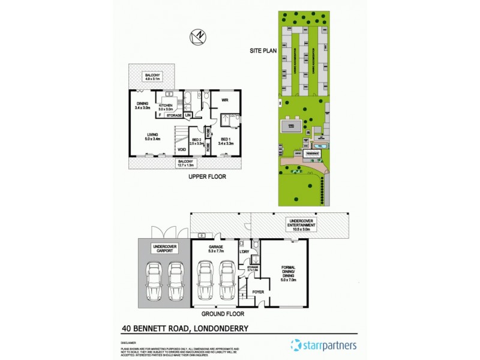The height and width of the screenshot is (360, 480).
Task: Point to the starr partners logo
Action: (x=323, y=345)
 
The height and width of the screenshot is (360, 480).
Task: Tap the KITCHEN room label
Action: (x=166, y=106)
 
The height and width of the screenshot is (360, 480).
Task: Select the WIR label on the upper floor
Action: (x=224, y=100)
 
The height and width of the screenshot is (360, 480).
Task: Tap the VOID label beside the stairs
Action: (x=181, y=149)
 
